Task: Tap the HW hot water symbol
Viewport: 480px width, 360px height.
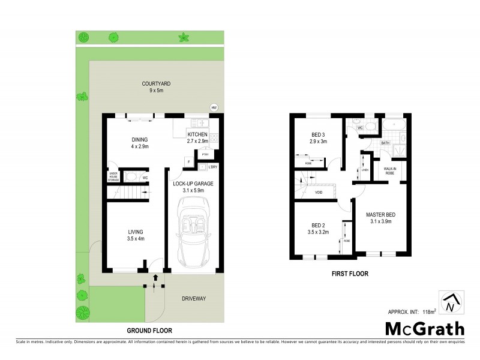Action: [213, 107]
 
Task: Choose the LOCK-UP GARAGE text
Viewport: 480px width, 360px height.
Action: [193, 186]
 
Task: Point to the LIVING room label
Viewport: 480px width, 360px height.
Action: [135, 235]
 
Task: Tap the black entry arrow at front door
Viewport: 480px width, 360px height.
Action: [155, 277]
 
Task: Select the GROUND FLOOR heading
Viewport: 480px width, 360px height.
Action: [149, 331]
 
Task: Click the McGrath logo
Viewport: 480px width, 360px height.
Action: [424, 328]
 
